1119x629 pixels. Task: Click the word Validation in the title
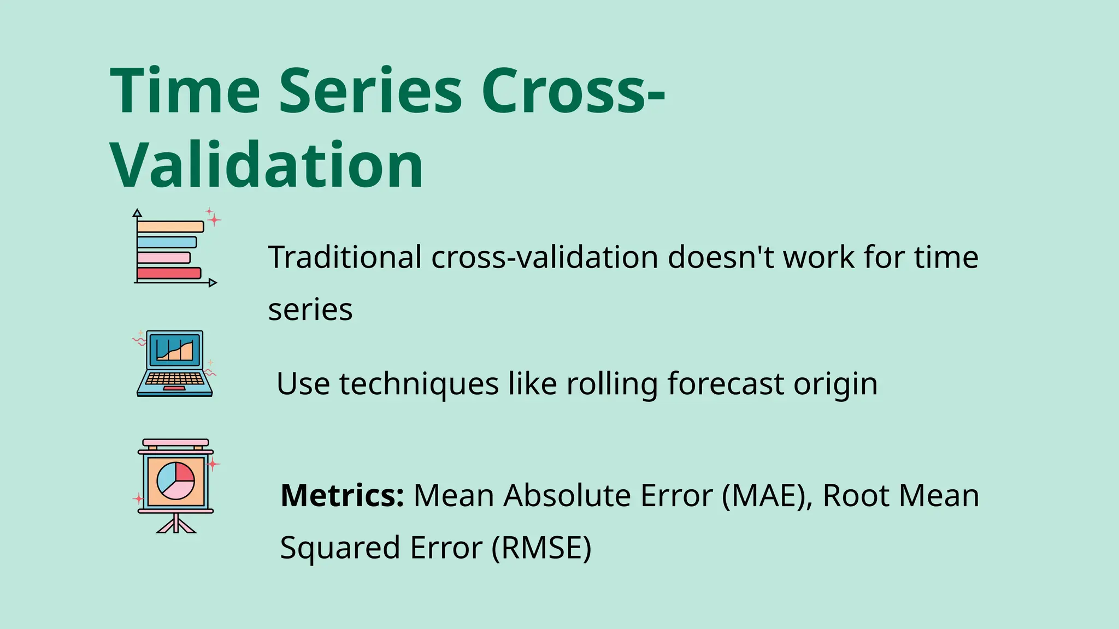(267, 165)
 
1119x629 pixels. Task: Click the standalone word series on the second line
(310, 310)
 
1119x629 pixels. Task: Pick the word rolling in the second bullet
(612, 383)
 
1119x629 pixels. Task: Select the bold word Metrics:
(342, 495)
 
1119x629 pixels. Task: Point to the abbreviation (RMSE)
(541, 548)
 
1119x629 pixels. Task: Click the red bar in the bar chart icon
(169, 273)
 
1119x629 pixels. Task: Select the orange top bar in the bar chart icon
(170, 227)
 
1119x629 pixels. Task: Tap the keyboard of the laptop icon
(174, 378)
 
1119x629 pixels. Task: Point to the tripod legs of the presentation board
(175, 525)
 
